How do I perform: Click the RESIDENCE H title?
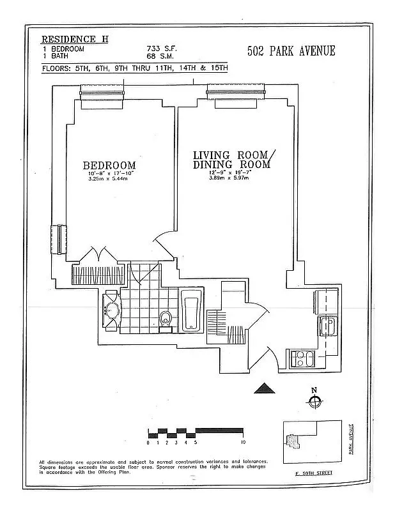point(75,40)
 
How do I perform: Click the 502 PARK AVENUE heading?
point(291,51)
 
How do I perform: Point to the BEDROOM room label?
point(109,165)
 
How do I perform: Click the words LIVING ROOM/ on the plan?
point(234,155)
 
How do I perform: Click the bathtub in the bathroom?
point(190,311)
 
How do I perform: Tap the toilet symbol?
point(166,317)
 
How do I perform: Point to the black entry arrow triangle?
point(263,388)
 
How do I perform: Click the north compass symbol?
point(314,401)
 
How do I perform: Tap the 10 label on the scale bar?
point(244,442)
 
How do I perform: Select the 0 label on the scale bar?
point(148,442)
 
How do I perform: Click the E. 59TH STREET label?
point(314,473)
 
